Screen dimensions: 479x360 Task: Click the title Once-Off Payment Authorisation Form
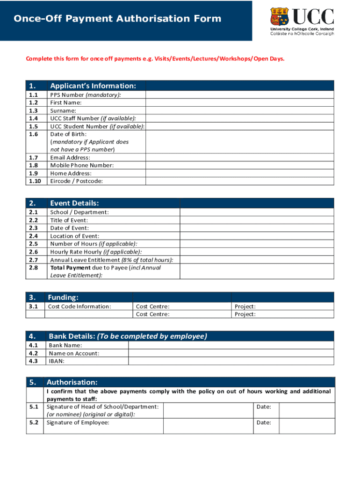coord(117,19)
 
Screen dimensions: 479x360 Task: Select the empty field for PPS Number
coord(240,94)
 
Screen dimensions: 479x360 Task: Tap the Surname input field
coord(240,110)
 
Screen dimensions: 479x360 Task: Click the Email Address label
coord(70,158)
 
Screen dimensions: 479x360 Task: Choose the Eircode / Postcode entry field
coord(240,181)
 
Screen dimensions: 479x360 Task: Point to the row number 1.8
coord(33,165)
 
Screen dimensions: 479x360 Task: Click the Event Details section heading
coord(74,203)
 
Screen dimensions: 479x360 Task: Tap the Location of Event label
coord(75,236)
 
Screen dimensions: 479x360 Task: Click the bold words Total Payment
coord(71,268)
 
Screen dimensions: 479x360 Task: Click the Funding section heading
coord(63,298)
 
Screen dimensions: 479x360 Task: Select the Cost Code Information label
coord(79,306)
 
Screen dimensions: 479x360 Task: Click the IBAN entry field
coord(231,361)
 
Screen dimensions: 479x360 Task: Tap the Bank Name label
coord(65,345)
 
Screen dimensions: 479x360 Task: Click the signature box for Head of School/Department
coord(208,410)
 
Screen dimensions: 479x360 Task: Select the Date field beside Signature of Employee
coord(306,426)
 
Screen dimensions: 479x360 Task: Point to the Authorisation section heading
coord(72,382)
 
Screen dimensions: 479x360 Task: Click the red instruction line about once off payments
coord(155,59)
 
